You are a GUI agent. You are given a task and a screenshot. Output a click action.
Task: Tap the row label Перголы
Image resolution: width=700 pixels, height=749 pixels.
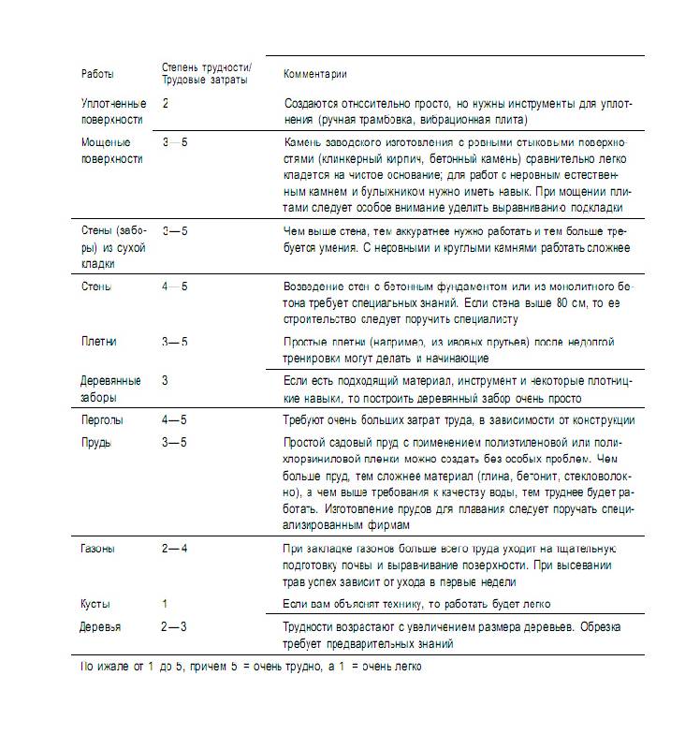(102, 420)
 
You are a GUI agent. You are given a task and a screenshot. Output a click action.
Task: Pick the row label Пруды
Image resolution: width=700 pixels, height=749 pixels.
(97, 442)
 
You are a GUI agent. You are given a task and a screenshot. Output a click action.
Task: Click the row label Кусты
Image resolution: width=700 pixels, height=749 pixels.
(95, 604)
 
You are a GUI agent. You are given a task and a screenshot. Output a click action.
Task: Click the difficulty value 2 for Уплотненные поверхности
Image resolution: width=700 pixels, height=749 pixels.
(166, 103)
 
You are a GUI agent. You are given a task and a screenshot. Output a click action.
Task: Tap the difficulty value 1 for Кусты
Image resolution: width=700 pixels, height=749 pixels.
(165, 604)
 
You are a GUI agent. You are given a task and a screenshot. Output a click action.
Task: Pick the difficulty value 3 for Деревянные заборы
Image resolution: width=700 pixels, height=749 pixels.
(165, 381)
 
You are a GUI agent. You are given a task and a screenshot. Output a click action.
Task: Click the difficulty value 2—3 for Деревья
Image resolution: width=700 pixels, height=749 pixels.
(174, 626)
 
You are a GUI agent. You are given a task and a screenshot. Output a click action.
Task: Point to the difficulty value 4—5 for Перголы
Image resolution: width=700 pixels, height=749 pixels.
(174, 420)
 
